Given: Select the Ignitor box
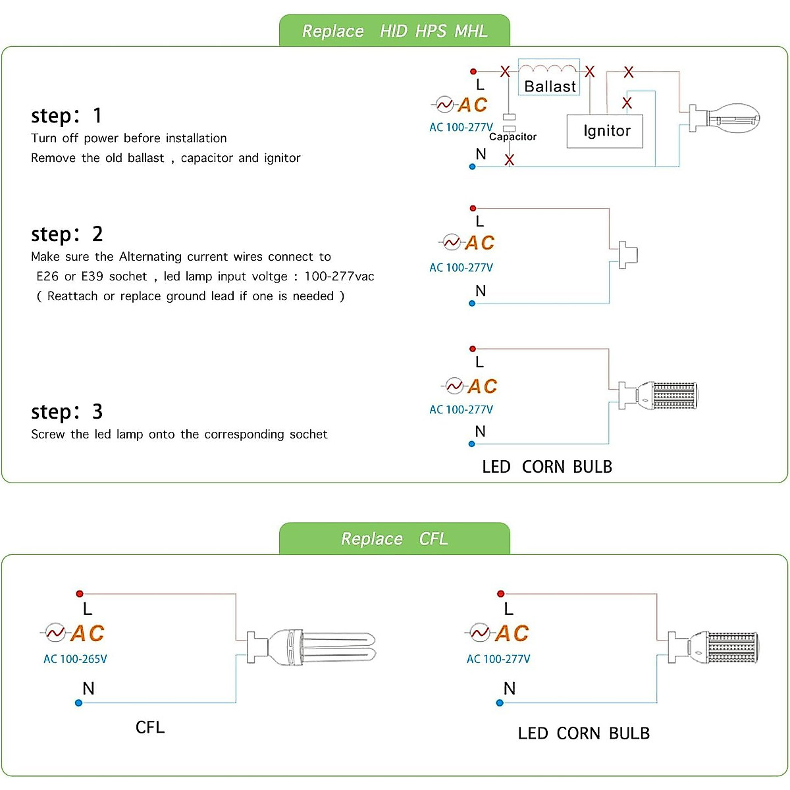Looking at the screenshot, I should [x=605, y=131].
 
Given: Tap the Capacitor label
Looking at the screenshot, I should [x=513, y=137].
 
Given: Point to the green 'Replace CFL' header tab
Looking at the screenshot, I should [x=394, y=539].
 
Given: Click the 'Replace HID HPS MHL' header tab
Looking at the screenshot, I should [x=394, y=31].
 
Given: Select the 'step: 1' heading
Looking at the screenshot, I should [x=66, y=116].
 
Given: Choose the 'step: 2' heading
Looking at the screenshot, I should [x=66, y=234].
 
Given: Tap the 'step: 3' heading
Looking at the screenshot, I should [x=66, y=412].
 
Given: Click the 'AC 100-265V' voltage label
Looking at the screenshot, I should [x=75, y=659].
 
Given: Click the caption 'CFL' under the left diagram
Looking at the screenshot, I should [x=150, y=727].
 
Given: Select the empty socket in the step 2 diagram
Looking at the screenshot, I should [x=626, y=255].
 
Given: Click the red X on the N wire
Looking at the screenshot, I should [x=509, y=160].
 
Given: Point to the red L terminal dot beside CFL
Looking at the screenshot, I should [x=79, y=594].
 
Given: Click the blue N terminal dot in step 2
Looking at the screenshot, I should [x=472, y=303].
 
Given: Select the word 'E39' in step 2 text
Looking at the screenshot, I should [x=92, y=276].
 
